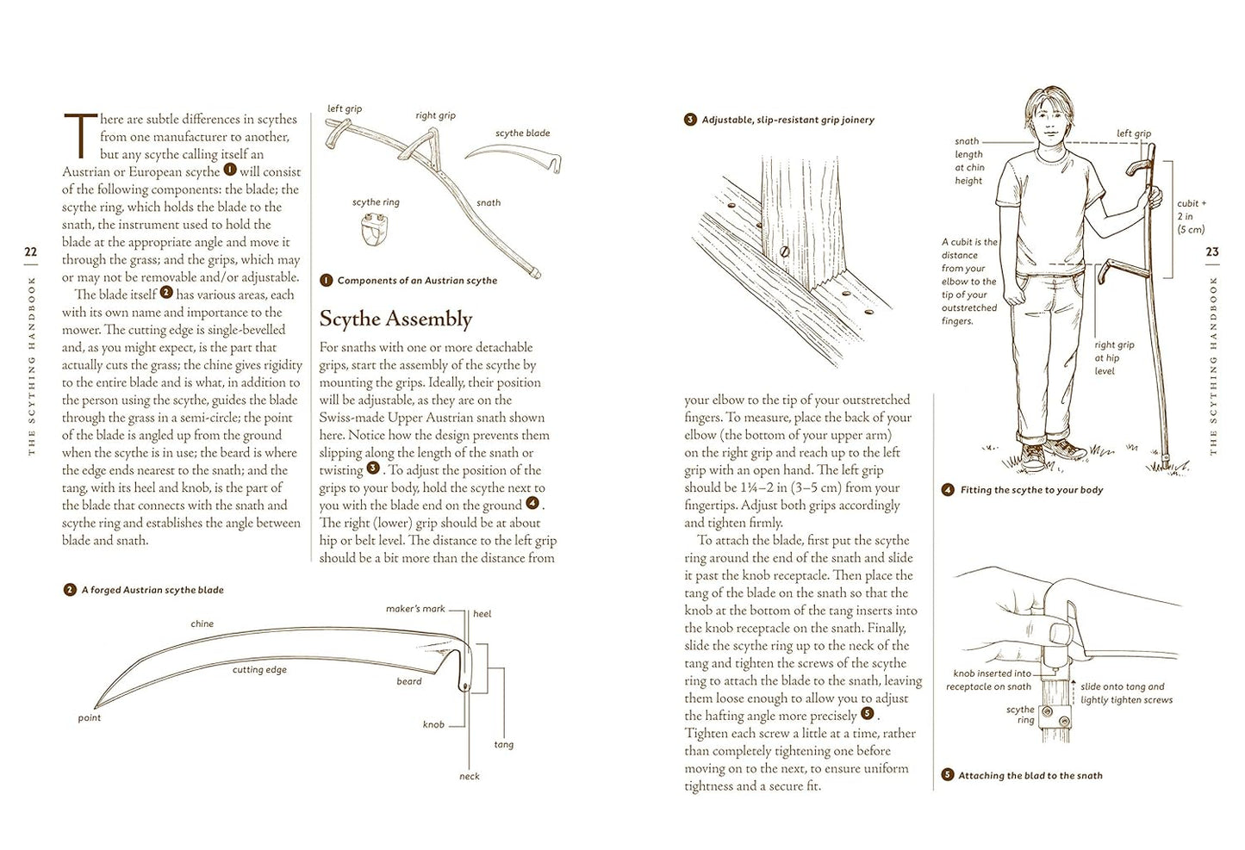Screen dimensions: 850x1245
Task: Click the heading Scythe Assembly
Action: [x=395, y=320]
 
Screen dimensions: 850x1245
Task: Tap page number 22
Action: [x=32, y=252]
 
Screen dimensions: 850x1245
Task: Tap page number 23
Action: [x=1212, y=252]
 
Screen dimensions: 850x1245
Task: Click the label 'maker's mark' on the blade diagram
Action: [x=415, y=609]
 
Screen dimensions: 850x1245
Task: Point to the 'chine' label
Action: [x=202, y=624]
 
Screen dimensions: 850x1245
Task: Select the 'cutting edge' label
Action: [x=259, y=670]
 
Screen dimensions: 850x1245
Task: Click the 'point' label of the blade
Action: [x=90, y=717]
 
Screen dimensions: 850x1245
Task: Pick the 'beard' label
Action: [x=409, y=681]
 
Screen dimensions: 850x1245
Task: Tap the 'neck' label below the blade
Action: [x=470, y=776]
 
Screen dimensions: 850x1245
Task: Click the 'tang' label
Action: [x=504, y=744]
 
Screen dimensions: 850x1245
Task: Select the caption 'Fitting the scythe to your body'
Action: [x=1031, y=490]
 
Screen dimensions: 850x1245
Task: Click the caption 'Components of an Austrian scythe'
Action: [x=417, y=281]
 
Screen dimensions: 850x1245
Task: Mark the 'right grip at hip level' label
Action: [x=1114, y=357]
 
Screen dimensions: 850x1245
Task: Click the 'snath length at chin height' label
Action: [x=968, y=161]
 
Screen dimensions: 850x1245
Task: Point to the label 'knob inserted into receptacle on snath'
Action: [x=989, y=680]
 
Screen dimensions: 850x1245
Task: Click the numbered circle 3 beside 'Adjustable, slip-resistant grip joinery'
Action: [x=690, y=120]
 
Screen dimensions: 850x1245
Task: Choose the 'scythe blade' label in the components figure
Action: [x=522, y=133]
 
